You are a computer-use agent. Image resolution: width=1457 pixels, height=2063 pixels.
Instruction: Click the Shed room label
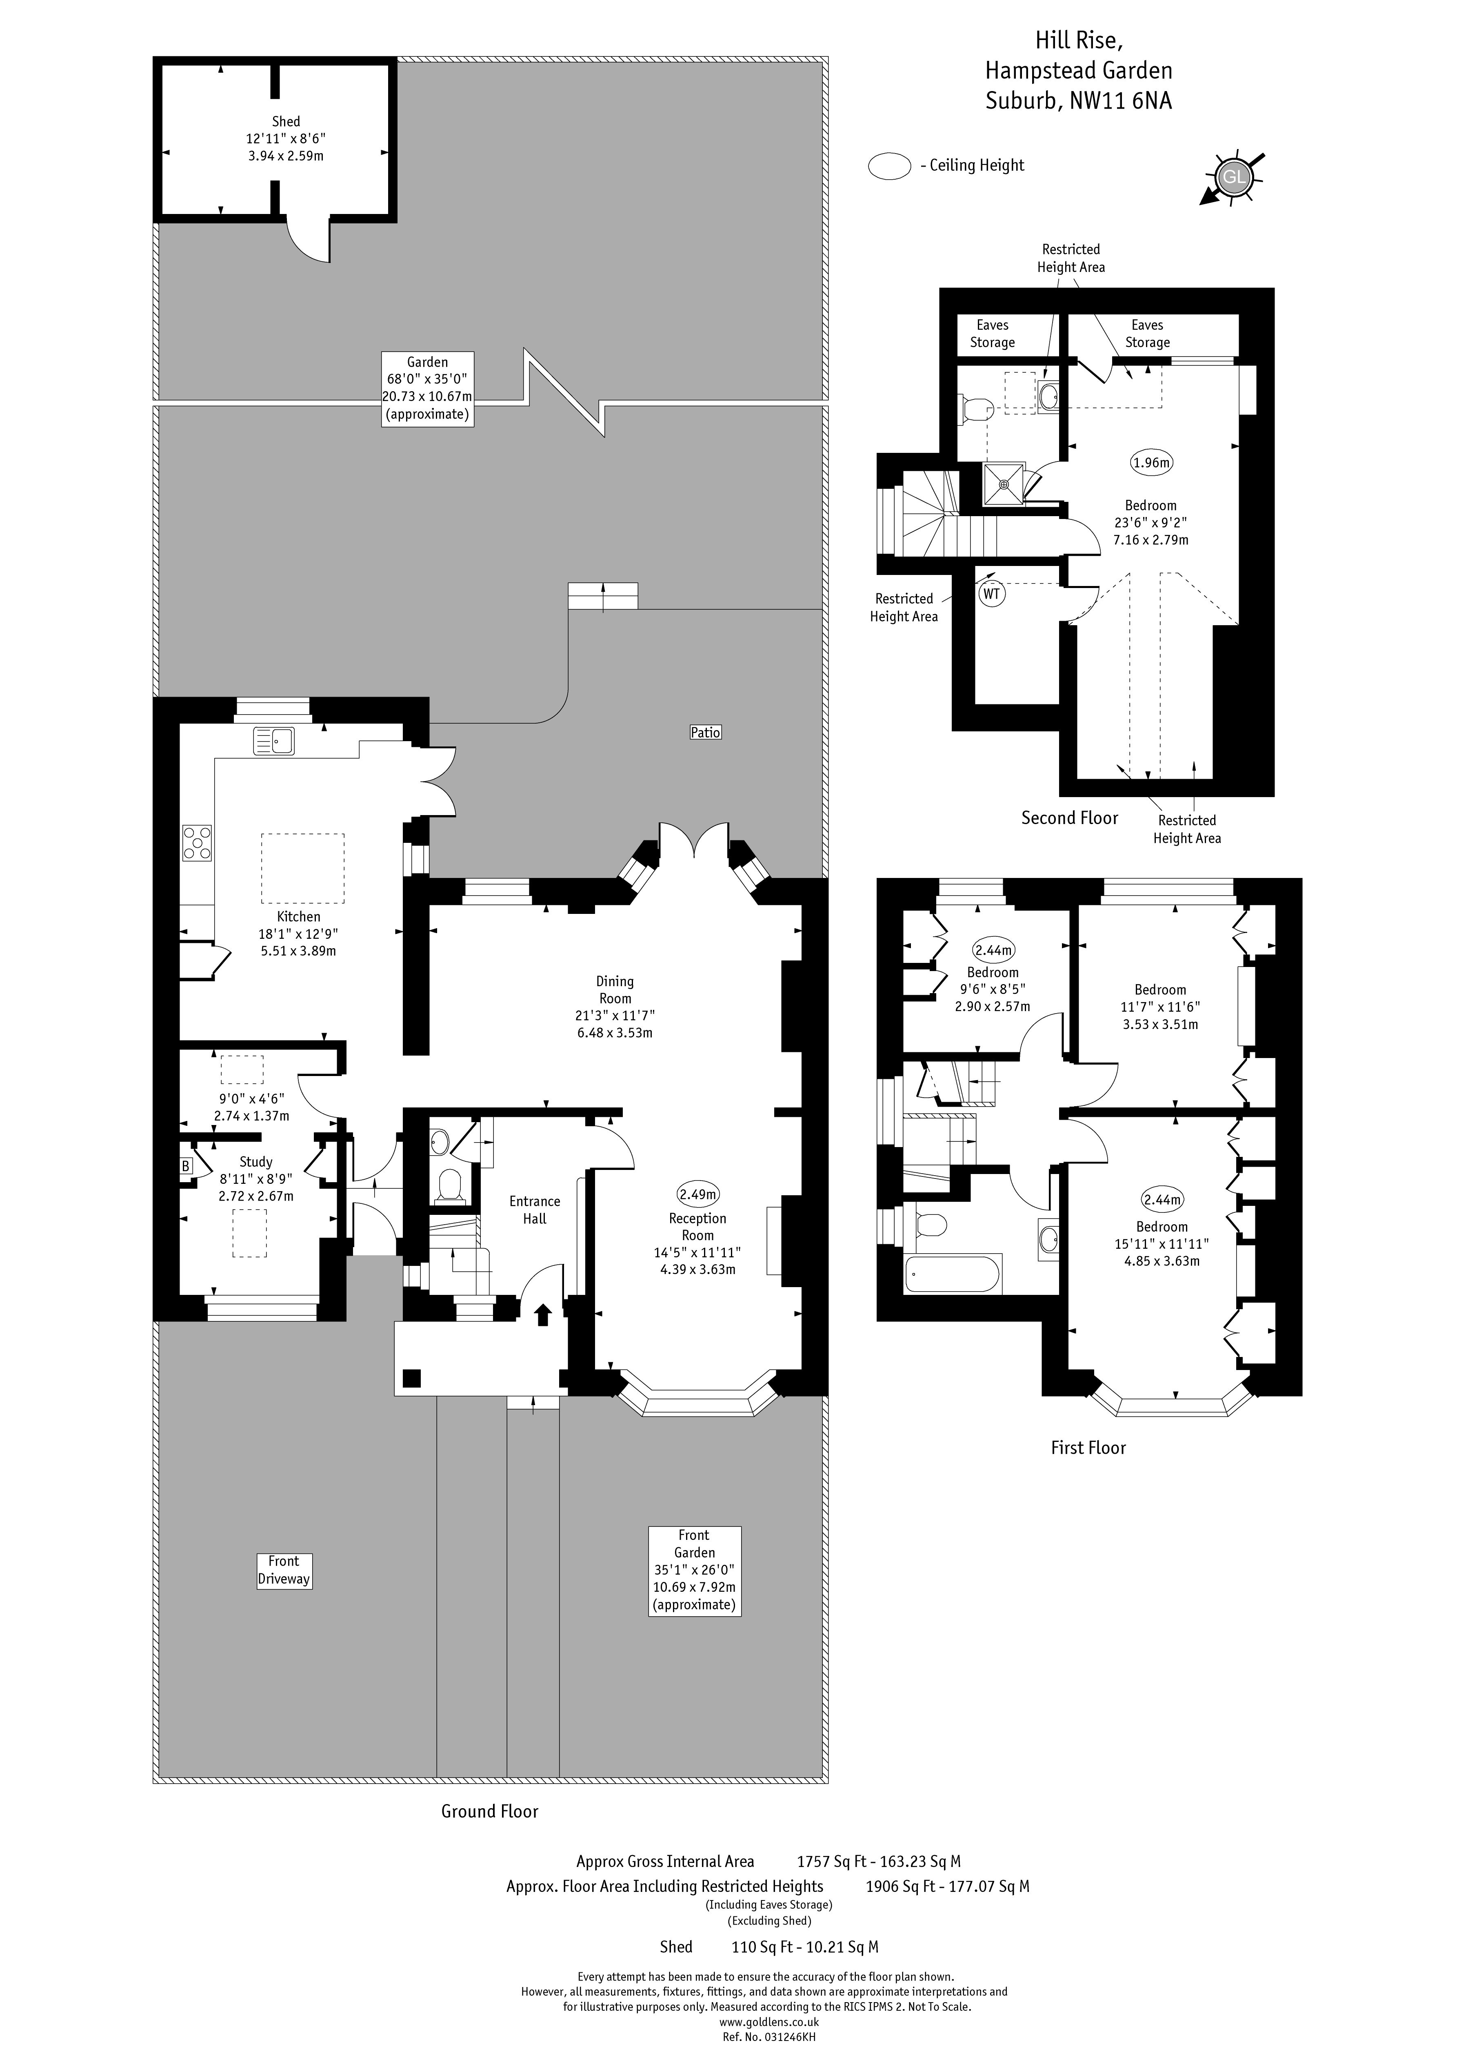click(x=286, y=121)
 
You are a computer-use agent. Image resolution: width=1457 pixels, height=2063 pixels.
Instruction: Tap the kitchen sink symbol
click(x=274, y=740)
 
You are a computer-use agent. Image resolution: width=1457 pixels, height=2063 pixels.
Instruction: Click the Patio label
click(x=705, y=732)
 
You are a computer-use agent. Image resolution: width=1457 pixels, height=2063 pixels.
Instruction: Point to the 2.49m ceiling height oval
click(x=698, y=1194)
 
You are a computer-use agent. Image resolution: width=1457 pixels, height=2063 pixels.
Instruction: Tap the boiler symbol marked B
click(x=186, y=1166)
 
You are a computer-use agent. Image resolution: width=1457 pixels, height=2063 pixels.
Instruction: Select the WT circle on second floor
click(x=992, y=594)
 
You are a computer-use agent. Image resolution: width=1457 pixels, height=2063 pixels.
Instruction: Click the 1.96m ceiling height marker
click(x=1152, y=463)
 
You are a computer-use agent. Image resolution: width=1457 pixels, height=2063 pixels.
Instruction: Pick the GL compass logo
click(x=1233, y=177)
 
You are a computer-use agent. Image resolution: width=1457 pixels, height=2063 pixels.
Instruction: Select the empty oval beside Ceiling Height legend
click(x=889, y=166)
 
